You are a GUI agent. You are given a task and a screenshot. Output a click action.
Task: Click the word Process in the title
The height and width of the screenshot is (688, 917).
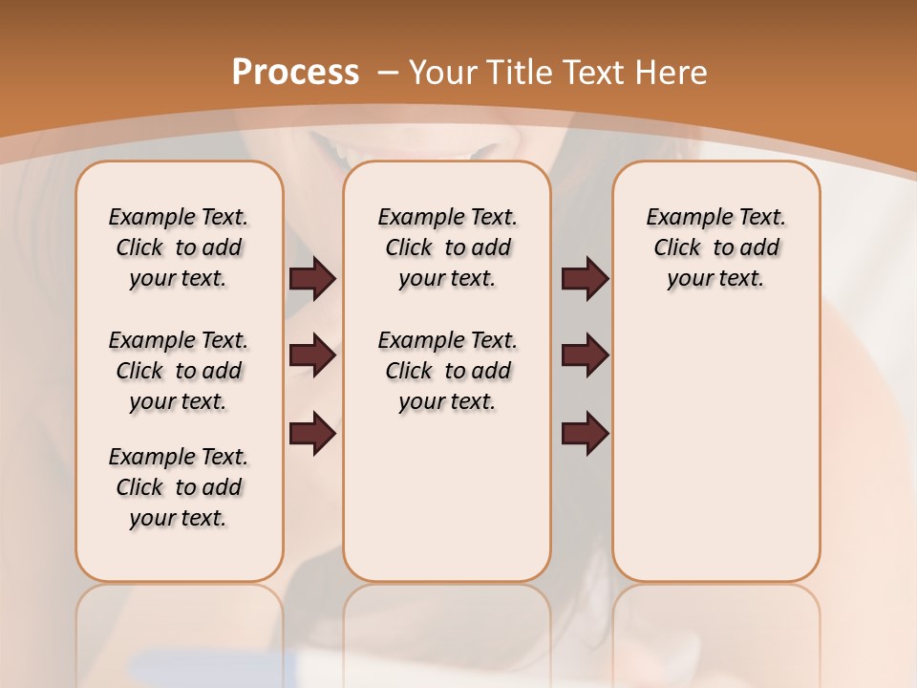pyautogui.click(x=295, y=72)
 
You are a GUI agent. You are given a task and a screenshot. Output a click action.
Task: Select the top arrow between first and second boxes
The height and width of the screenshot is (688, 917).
pyautogui.click(x=312, y=279)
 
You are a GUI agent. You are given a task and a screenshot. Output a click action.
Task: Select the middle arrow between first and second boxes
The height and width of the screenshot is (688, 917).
pyautogui.click(x=312, y=356)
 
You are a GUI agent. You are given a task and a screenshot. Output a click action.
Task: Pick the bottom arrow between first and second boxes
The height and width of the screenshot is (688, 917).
pyautogui.click(x=312, y=434)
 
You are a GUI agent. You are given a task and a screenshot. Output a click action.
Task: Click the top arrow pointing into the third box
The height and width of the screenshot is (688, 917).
pyautogui.click(x=586, y=279)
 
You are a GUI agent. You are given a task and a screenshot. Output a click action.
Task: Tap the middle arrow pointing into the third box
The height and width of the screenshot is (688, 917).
pyautogui.click(x=586, y=356)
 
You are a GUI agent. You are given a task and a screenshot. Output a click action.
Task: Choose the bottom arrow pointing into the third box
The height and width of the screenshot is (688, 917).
pyautogui.click(x=586, y=434)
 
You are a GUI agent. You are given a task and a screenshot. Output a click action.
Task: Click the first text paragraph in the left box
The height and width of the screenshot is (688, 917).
pyautogui.click(x=179, y=247)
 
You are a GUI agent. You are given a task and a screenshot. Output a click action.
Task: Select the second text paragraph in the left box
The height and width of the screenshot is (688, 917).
pyautogui.click(x=179, y=371)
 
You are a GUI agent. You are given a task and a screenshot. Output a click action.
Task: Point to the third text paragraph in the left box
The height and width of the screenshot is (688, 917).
pyautogui.click(x=179, y=487)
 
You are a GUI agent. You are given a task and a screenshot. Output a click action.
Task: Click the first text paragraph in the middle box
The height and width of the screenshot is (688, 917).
pyautogui.click(x=447, y=247)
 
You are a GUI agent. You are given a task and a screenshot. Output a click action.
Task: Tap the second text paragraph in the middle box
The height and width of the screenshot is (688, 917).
pyautogui.click(x=447, y=371)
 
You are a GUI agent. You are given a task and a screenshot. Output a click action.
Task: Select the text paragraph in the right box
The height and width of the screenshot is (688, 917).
pyautogui.click(x=716, y=247)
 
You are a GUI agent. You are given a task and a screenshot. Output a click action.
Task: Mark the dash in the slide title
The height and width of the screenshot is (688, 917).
pyautogui.click(x=389, y=73)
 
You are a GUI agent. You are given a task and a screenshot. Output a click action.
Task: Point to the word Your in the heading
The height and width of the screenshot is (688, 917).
pyautogui.click(x=443, y=73)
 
